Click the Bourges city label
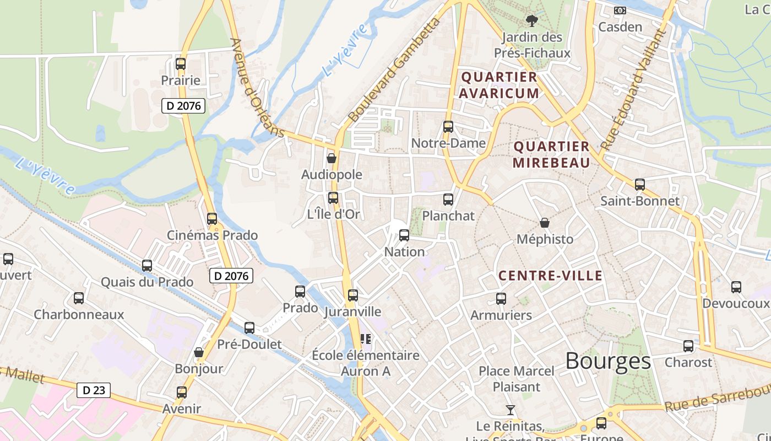pos(608,361)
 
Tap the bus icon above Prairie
pos(181,64)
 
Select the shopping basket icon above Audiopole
pos(332,159)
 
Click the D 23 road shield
pos(93,390)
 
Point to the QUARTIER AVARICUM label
pos(499,85)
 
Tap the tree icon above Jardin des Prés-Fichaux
pos(531,21)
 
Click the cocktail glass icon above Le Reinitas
pos(511,410)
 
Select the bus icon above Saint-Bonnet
pos(639,185)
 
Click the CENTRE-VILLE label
pos(550,276)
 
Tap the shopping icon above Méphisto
pos(545,223)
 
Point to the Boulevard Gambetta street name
pos(395,70)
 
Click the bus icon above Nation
pos(404,235)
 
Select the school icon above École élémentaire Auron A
pos(365,339)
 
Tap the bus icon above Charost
pos(688,346)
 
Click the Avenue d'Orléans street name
pos(257,88)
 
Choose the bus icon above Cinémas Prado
pos(212,219)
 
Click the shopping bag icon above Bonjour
pos(199,352)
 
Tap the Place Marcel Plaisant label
pos(517,379)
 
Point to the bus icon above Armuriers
pos(501,299)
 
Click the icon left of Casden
pos(620,10)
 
